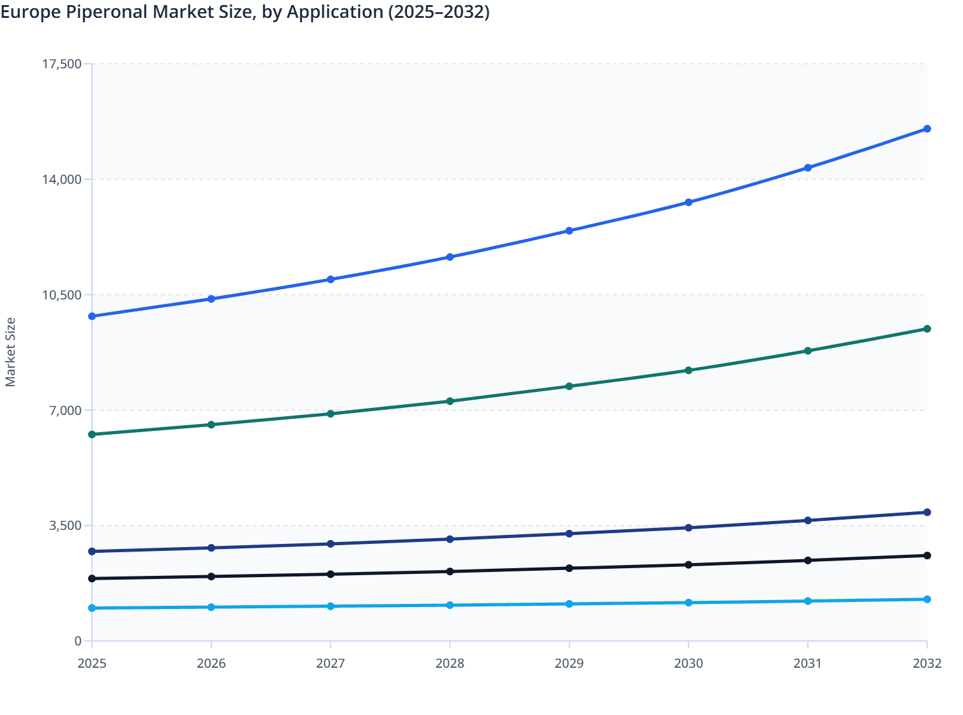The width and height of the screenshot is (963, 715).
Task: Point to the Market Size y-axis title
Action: tap(10, 352)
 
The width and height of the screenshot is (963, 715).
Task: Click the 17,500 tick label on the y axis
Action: tap(61, 64)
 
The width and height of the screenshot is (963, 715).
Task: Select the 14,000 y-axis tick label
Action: tap(61, 179)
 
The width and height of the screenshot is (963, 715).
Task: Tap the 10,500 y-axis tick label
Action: tap(61, 295)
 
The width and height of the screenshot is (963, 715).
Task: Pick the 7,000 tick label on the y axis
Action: tap(64, 410)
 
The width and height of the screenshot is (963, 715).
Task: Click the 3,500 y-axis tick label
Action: tap(64, 526)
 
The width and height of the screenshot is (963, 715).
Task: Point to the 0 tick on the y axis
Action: tap(78, 641)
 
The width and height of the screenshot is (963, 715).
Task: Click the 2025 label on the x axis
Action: tap(92, 663)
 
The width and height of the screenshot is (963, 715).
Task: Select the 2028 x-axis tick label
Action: tap(450, 663)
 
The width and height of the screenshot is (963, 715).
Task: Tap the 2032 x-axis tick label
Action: tap(927, 663)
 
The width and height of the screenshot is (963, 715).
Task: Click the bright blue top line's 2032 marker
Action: tap(927, 129)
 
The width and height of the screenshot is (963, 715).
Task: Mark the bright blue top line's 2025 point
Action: tap(92, 316)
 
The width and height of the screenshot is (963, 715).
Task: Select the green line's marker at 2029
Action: tap(569, 386)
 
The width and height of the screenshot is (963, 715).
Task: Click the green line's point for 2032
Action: tap(927, 329)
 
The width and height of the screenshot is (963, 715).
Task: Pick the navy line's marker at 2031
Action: tap(808, 520)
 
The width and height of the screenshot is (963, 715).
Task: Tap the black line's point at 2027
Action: tap(331, 574)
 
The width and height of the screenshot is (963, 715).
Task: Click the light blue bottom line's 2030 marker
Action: tap(688, 603)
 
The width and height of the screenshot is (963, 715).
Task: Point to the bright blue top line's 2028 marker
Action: tap(450, 257)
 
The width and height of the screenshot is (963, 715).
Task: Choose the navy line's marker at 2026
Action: tap(211, 548)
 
